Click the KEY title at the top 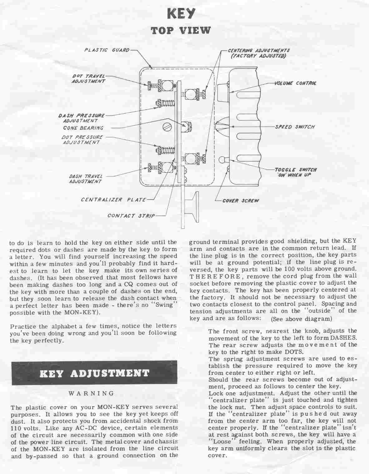[181, 14]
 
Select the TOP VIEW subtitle [181, 31]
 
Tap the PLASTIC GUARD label [107, 50]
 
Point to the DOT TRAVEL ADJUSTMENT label [89, 79]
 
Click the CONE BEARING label [83, 128]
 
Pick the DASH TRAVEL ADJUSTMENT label [86, 179]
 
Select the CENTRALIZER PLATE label [113, 200]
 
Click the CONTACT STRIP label [131, 216]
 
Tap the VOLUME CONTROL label [295, 83]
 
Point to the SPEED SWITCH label [294, 127]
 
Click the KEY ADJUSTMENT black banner [94, 373]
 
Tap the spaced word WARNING [91, 393]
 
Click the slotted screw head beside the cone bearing [167, 127]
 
